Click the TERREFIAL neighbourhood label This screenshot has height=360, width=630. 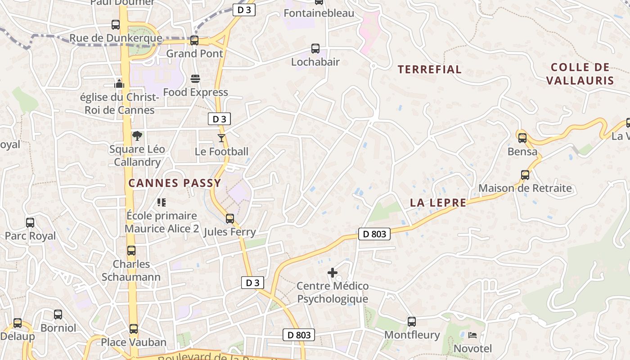[430, 69]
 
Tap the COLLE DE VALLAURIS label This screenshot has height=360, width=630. [580, 74]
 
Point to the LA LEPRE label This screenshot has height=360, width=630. [438, 202]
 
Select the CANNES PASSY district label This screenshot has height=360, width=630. [175, 183]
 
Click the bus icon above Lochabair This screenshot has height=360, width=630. [315, 49]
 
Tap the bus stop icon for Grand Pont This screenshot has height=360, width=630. [194, 40]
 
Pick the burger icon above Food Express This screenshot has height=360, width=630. [195, 79]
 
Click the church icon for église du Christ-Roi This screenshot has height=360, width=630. [119, 84]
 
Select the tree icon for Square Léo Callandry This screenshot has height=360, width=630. [137, 136]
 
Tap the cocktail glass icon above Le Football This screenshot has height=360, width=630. [221, 138]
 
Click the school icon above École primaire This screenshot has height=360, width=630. [161, 202]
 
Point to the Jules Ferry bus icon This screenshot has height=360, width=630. [230, 219]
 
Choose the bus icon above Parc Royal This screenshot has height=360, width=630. [30, 222]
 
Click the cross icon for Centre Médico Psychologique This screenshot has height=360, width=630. [333, 273]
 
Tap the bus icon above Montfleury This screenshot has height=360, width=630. [412, 321]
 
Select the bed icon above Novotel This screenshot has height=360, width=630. [472, 335]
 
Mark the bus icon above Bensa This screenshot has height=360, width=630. [522, 138]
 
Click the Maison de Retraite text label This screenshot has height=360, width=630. [525, 188]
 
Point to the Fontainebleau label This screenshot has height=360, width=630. [319, 13]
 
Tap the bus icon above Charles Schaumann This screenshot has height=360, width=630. [131, 251]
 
